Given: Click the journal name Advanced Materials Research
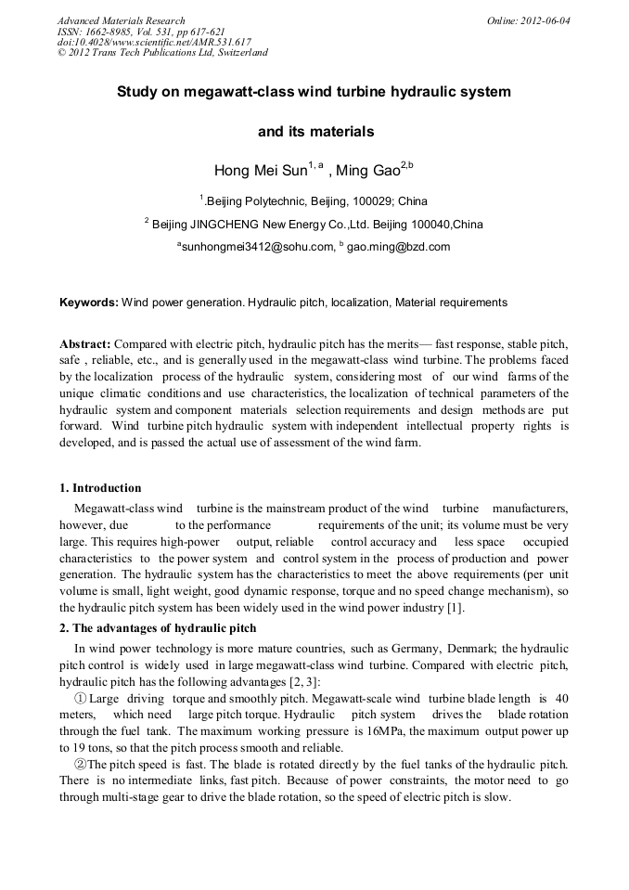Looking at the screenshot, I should coord(121,20).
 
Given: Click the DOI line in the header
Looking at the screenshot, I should coord(154,42).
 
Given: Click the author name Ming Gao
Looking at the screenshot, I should coord(369,171).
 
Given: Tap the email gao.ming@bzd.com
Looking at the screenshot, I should coord(398,247).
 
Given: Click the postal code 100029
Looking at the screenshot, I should coord(348,200).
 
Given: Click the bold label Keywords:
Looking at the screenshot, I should coord(89,303).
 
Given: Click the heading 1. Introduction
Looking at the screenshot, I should coord(100,488).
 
